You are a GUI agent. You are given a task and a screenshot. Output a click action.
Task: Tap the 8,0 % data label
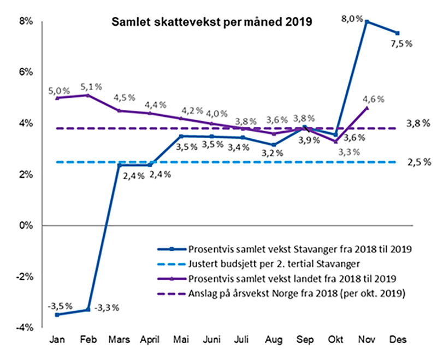(x=352, y=19)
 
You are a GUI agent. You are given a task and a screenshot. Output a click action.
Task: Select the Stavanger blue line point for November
(x=367, y=22)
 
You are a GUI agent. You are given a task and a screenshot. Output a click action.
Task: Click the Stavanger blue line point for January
(x=57, y=315)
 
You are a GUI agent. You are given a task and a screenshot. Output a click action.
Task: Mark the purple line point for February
(x=88, y=95)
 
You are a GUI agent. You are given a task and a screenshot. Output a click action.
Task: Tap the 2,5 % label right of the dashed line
(x=418, y=162)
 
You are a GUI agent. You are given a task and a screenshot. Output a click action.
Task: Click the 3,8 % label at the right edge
(x=418, y=123)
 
